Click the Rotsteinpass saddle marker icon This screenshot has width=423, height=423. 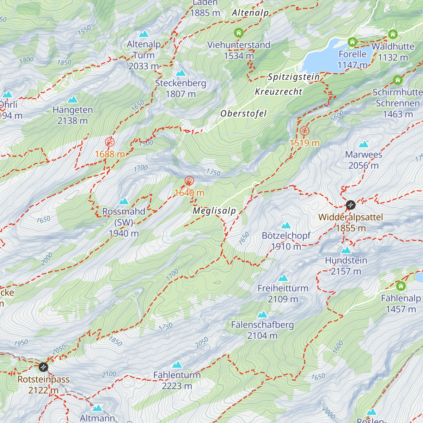click(43, 367)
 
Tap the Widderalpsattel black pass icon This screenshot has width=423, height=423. click(350, 205)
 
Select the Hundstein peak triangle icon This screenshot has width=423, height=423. click(346, 250)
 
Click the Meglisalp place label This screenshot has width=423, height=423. click(214, 211)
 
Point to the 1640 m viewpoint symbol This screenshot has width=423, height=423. click(189, 181)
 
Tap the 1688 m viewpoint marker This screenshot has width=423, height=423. click(110, 142)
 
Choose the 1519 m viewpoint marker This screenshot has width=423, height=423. click(305, 131)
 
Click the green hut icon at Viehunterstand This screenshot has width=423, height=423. click(239, 33)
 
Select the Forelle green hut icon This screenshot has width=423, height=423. click(352, 42)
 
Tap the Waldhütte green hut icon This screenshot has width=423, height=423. click(393, 35)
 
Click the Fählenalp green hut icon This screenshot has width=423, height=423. click(401, 286)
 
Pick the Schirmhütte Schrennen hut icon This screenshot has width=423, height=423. click(398, 80)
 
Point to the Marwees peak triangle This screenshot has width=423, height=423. click(363, 145)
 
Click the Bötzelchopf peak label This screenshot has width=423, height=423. click(286, 235)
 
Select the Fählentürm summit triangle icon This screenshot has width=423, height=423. click(177, 365)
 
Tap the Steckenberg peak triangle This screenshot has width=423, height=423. click(180, 73)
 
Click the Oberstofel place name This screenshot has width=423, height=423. click(244, 114)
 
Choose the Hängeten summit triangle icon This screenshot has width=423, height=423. click(73, 100)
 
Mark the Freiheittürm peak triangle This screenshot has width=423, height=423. click(283, 278)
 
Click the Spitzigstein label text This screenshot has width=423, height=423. click(294, 77)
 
